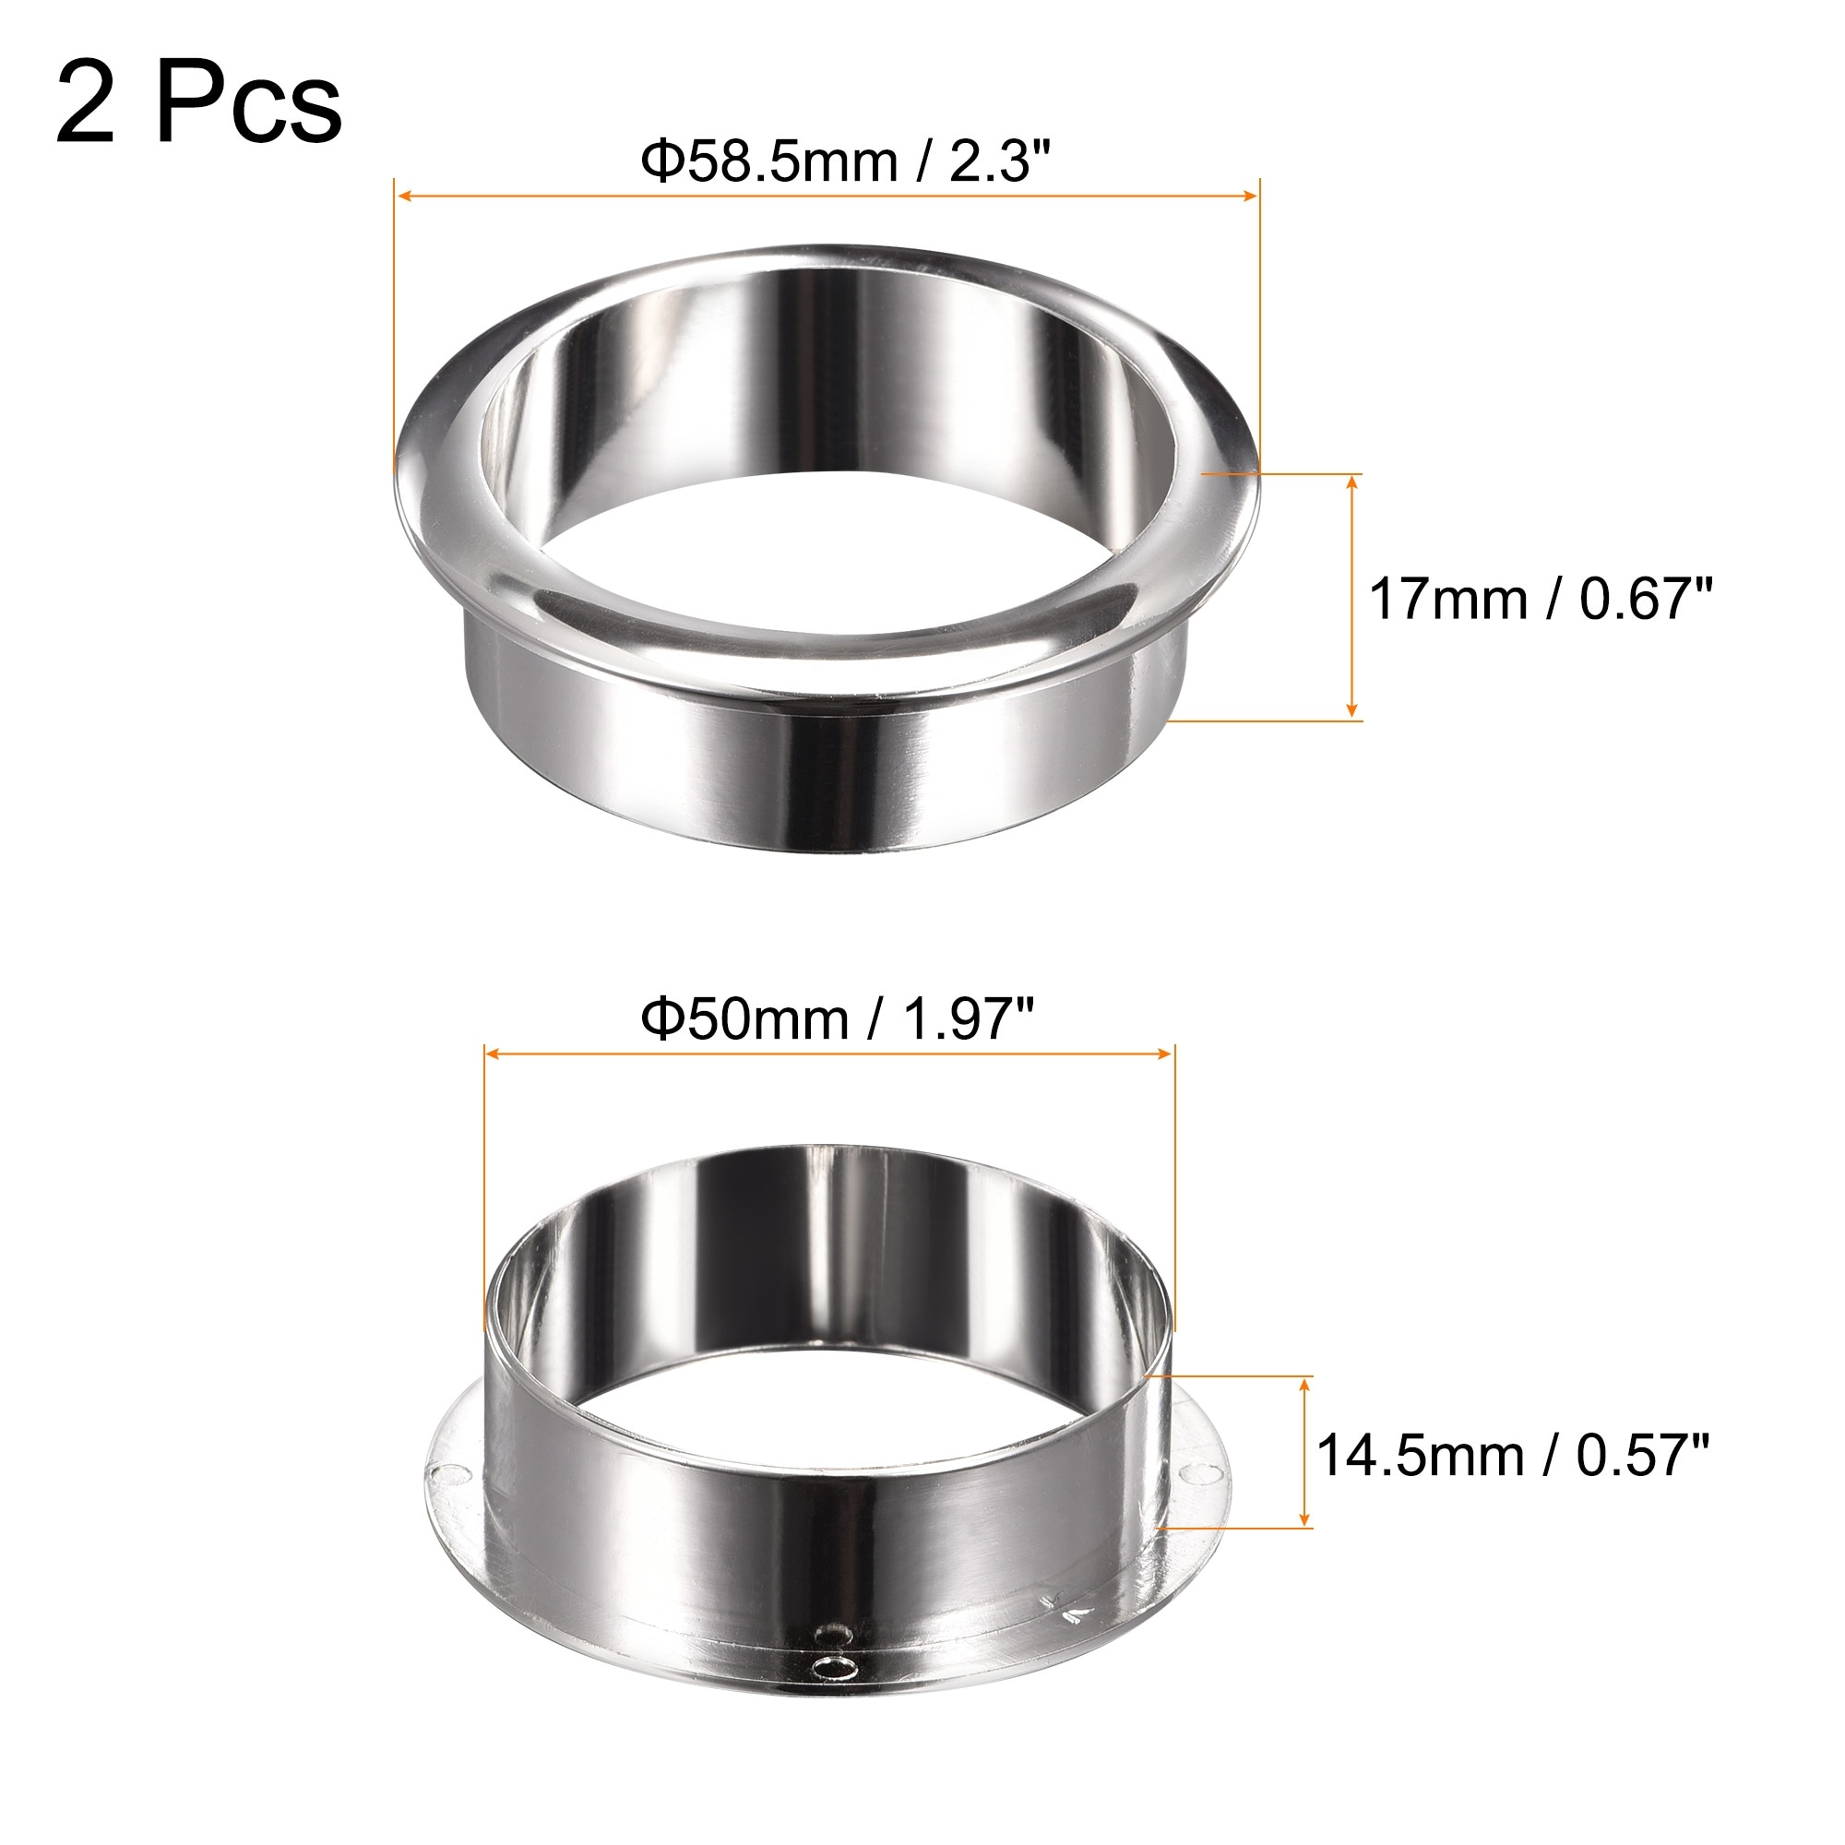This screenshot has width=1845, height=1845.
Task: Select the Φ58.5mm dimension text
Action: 769,161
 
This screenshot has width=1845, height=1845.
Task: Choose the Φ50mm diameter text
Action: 744,1019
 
